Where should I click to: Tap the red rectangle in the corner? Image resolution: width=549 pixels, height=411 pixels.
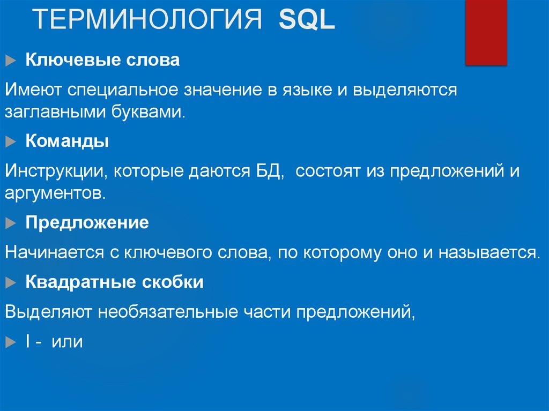tap(486, 32)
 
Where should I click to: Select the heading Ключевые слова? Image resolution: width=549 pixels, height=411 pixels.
tap(102, 60)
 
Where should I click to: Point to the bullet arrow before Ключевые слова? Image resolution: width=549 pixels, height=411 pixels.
tap(11, 61)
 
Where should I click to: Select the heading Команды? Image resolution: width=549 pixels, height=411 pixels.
tap(68, 141)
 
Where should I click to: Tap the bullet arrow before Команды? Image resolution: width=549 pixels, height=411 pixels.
tap(11, 142)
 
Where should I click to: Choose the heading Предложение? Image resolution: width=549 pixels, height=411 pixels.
tap(87, 223)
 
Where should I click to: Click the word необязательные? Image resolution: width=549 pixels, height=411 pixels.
tap(167, 312)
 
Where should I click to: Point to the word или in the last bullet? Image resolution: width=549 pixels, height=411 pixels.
tap(67, 341)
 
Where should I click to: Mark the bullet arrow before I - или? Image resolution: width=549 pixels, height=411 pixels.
tap(11, 342)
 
